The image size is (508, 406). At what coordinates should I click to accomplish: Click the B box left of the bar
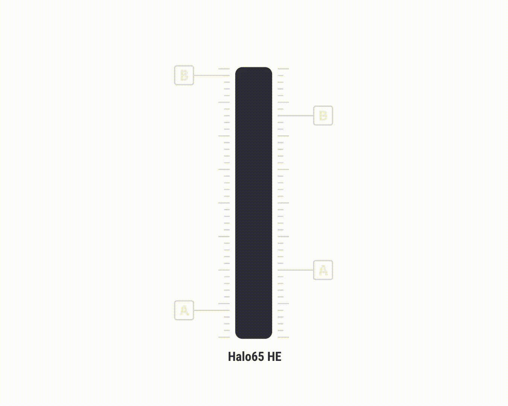pos(184,75)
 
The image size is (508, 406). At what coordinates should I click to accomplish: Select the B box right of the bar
pos(323,115)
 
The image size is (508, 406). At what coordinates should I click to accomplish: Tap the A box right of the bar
pos(323,270)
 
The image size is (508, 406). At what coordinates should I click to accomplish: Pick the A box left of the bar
pos(184,310)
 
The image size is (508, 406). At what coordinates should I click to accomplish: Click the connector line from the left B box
pos(212,76)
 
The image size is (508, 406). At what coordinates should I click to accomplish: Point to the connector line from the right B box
pos(295,115)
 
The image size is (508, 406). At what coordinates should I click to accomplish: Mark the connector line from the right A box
pos(295,270)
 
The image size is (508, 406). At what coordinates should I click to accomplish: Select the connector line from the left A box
pos(212,310)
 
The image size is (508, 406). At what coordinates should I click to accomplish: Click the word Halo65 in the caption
pos(246,356)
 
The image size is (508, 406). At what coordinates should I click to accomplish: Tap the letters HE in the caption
pos(274,356)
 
